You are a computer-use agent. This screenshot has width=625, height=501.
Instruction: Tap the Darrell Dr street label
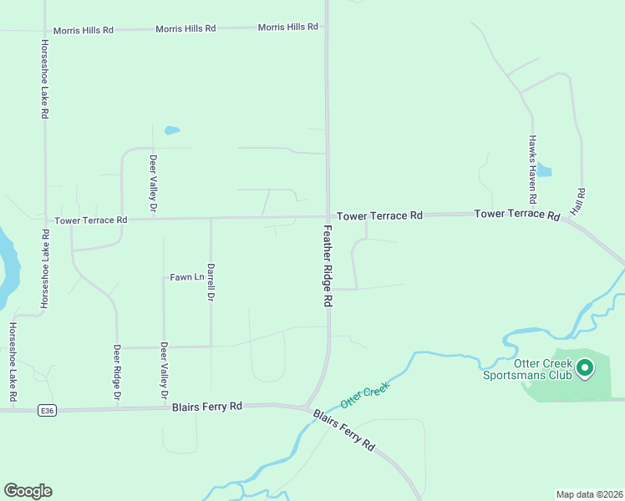click(x=211, y=282)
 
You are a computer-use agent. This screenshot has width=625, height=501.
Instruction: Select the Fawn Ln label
click(x=186, y=277)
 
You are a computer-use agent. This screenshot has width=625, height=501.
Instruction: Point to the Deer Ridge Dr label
click(x=118, y=371)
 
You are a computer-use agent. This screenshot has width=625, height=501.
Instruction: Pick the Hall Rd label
click(x=582, y=202)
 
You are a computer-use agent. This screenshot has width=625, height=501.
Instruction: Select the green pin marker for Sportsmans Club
click(x=586, y=367)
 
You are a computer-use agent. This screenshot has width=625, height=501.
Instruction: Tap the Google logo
click(x=28, y=491)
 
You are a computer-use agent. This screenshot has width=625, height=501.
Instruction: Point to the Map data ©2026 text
click(x=589, y=493)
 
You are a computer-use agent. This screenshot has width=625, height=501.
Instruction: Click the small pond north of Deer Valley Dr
click(x=172, y=130)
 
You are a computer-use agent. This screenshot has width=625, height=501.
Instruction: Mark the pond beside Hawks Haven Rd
click(x=544, y=170)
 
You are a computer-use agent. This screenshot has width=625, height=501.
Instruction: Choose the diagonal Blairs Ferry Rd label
click(x=344, y=430)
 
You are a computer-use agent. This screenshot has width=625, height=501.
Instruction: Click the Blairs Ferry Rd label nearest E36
click(x=206, y=407)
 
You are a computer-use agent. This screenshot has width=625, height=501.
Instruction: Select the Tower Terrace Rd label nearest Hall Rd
click(x=516, y=215)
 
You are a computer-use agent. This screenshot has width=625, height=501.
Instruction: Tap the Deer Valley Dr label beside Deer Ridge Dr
click(x=165, y=370)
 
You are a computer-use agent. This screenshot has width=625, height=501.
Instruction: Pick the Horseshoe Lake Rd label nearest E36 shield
click(x=13, y=362)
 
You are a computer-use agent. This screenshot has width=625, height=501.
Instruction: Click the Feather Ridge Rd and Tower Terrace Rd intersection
click(x=327, y=216)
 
